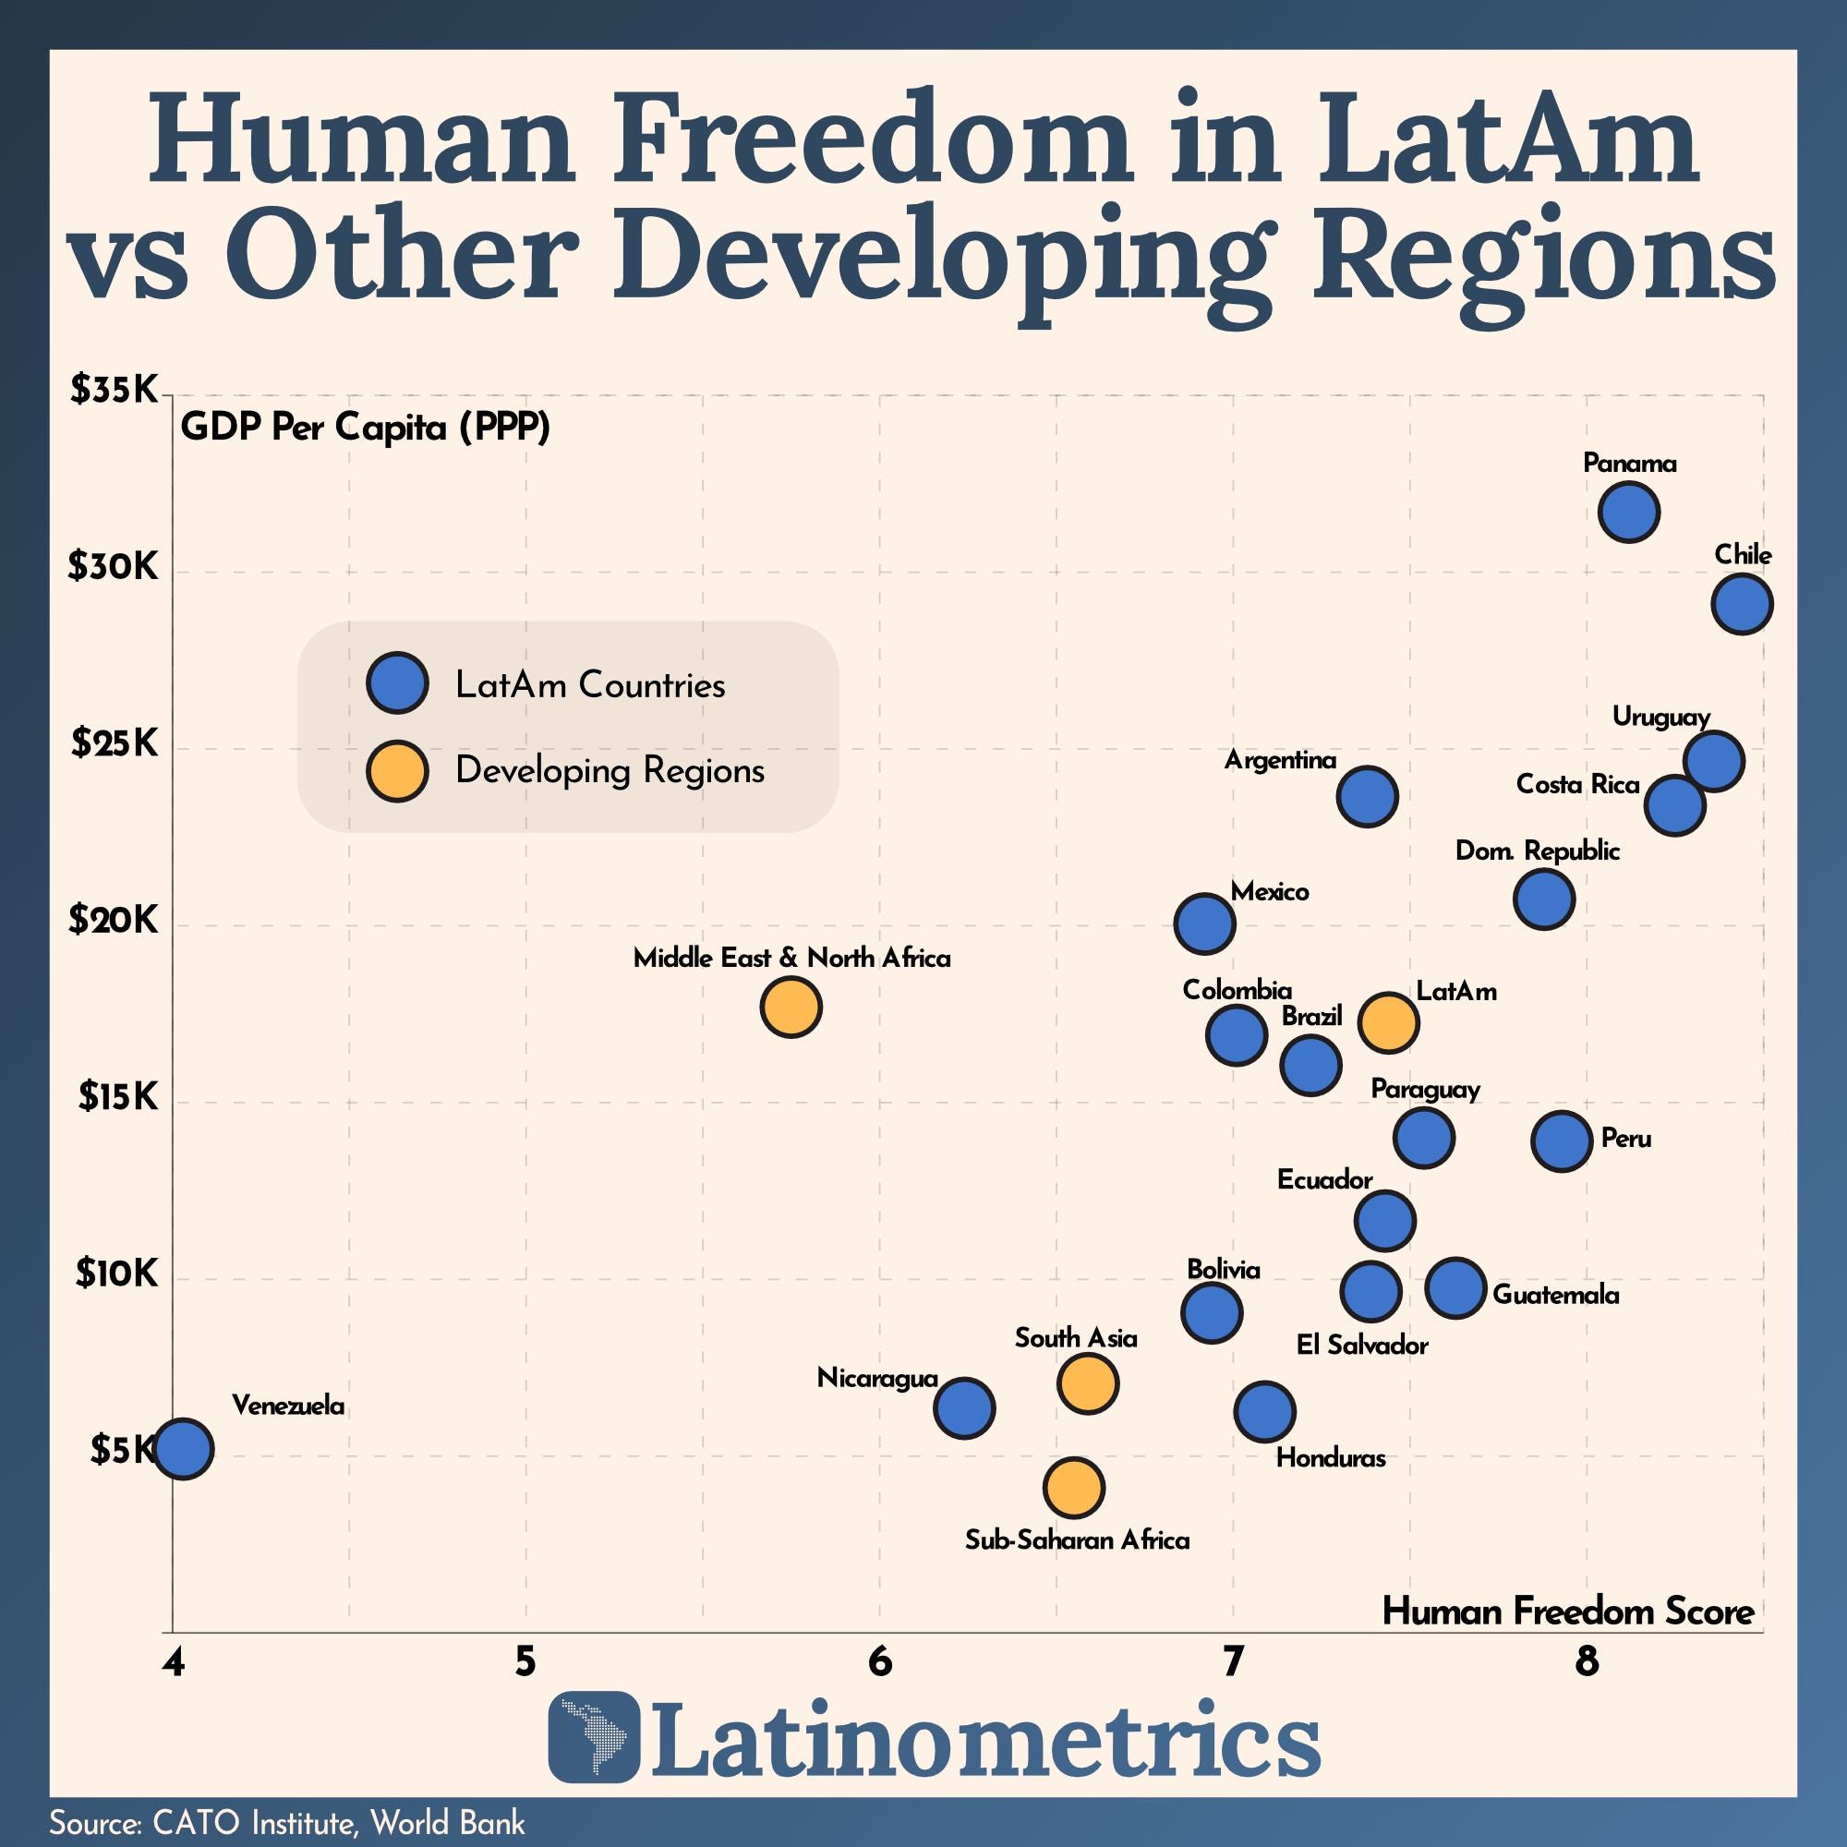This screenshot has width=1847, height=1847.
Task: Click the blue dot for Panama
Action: pos(1628,513)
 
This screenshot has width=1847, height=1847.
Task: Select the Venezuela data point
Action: pos(184,1449)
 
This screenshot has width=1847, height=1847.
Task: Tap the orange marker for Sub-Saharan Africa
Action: pos(1075,1488)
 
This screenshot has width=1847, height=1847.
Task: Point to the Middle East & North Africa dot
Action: pos(791,1007)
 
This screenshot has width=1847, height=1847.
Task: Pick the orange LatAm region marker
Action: pos(1388,1022)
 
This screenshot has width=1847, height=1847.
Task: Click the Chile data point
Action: pos(1742,603)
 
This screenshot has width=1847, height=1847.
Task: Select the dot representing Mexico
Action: pos(1204,924)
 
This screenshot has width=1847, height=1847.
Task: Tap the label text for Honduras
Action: pos(1330,1458)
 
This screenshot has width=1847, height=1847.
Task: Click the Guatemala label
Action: pos(1555,1296)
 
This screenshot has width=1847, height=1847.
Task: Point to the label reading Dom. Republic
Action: pos(1538,851)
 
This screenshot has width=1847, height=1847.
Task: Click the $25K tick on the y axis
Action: pos(114,743)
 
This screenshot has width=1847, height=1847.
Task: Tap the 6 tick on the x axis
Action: pos(879,1663)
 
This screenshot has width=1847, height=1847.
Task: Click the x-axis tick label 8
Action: pos(1587,1663)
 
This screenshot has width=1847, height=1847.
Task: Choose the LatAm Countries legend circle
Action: pos(397,683)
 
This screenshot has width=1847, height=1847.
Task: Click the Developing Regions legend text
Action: pos(610,770)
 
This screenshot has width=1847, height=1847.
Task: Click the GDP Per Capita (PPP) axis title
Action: pos(365,427)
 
